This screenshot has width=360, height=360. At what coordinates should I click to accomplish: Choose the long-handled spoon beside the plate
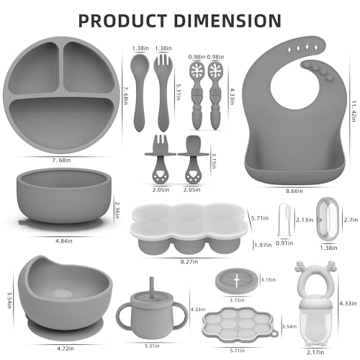tap(138, 87)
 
